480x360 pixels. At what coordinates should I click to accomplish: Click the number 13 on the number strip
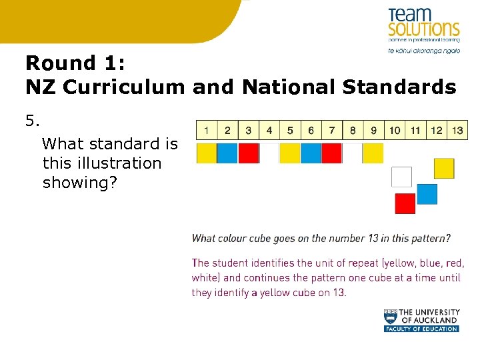[x=457, y=131]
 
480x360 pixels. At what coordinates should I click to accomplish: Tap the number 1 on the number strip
[x=207, y=131]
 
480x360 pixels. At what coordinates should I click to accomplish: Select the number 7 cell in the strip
[x=332, y=131]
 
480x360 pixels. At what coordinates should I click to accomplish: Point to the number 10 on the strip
[x=395, y=131]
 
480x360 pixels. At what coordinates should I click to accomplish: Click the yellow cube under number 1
[x=207, y=153]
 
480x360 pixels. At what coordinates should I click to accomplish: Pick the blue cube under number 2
[x=227, y=153]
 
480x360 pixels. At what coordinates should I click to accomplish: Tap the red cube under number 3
[x=248, y=153]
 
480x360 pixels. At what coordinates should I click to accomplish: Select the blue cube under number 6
[x=311, y=153]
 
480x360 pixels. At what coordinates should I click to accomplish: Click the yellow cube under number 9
[x=373, y=153]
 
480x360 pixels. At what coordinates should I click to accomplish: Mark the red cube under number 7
[x=331, y=153]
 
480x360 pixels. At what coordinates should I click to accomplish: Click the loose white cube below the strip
[x=401, y=177]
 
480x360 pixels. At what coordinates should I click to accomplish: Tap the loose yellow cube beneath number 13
[x=444, y=168]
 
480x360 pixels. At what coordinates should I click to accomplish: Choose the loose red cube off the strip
[x=405, y=203]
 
